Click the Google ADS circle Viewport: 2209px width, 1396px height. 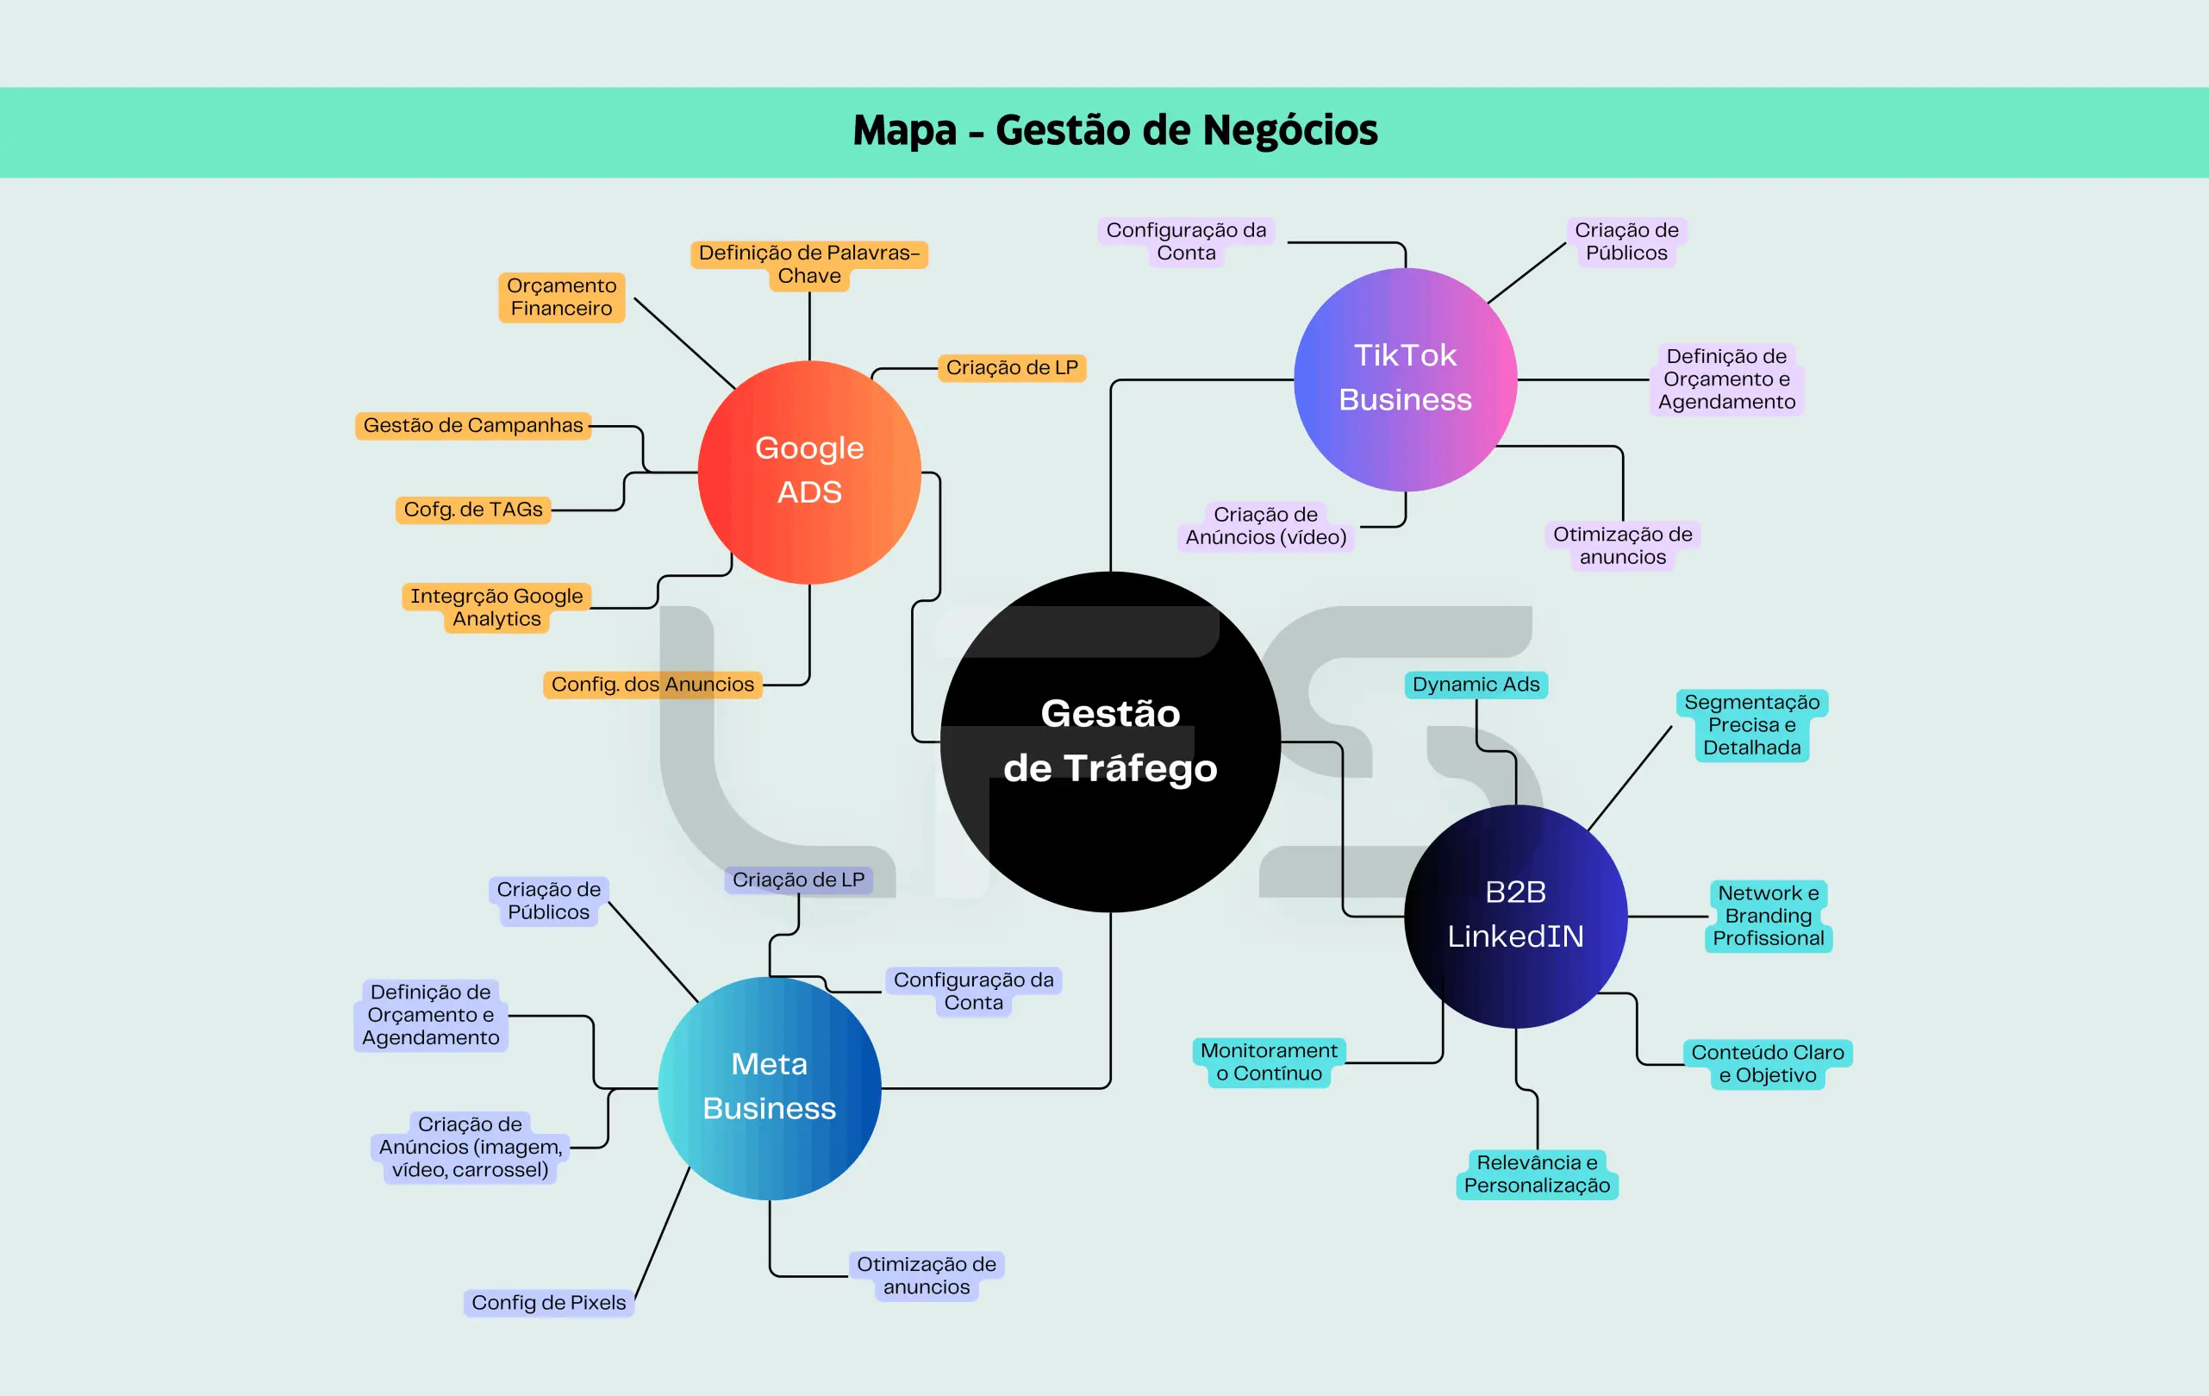click(809, 472)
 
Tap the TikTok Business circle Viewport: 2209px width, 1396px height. click(1405, 379)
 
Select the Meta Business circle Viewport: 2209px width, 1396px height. click(769, 1087)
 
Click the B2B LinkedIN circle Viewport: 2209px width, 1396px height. click(1515, 915)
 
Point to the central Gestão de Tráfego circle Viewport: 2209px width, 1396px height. click(1110, 742)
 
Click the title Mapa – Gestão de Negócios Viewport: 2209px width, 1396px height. click(1114, 130)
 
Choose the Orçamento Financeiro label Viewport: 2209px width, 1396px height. click(561, 297)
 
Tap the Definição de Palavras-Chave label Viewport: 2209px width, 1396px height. click(809, 265)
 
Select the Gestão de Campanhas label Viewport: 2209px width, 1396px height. click(472, 426)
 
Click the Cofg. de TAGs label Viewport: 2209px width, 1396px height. click(473, 510)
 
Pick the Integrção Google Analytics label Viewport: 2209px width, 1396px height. click(496, 608)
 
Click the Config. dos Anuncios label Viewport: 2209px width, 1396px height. click(652, 685)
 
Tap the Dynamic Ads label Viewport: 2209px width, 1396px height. click(1476, 685)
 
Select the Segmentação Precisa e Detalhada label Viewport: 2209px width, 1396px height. click(1751, 725)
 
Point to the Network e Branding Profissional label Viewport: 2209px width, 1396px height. click(1768, 916)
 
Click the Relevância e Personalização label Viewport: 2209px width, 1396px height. click(1537, 1174)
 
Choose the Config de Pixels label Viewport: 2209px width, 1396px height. click(548, 1302)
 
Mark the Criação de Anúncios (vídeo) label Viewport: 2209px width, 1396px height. click(1266, 526)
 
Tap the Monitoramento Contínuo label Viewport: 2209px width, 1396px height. click(1269, 1062)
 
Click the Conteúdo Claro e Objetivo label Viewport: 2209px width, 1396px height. click(1767, 1064)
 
